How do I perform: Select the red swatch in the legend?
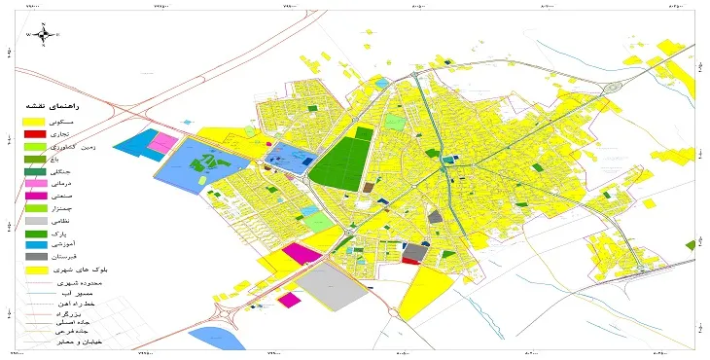[x=35, y=133]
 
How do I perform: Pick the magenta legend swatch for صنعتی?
[x=35, y=196]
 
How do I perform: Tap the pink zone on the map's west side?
[x=161, y=144]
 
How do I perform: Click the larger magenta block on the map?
[x=302, y=254]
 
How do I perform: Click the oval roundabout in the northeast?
[x=612, y=88]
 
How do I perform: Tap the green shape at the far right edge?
[x=691, y=245]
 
